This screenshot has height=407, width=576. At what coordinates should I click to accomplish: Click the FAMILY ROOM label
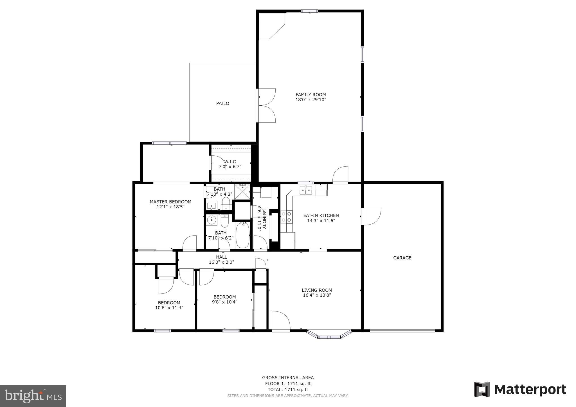[x=310, y=95]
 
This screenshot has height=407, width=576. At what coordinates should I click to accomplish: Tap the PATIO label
[x=222, y=103]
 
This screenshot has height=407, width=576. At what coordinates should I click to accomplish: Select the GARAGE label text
[x=402, y=258]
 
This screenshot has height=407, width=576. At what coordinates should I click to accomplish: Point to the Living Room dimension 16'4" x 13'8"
[x=317, y=295]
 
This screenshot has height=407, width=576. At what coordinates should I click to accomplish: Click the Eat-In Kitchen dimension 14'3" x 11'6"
[x=321, y=221]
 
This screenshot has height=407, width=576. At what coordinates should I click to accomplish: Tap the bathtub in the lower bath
[x=242, y=235]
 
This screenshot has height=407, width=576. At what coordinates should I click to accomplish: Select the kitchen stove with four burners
[x=287, y=217]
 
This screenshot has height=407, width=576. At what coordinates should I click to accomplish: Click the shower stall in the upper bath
[x=242, y=191]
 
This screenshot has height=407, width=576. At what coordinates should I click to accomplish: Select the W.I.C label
[x=230, y=162]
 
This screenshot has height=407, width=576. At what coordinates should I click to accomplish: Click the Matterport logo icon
[x=482, y=389]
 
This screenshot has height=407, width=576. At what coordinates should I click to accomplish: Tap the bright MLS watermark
[x=33, y=396]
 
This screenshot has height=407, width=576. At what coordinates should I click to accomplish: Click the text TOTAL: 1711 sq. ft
[x=288, y=390]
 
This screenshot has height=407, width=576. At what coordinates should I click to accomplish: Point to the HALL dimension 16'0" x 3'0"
[x=221, y=262]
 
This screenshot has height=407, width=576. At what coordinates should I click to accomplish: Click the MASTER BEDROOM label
[x=170, y=202]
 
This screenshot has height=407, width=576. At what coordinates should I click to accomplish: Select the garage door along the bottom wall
[x=402, y=331]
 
